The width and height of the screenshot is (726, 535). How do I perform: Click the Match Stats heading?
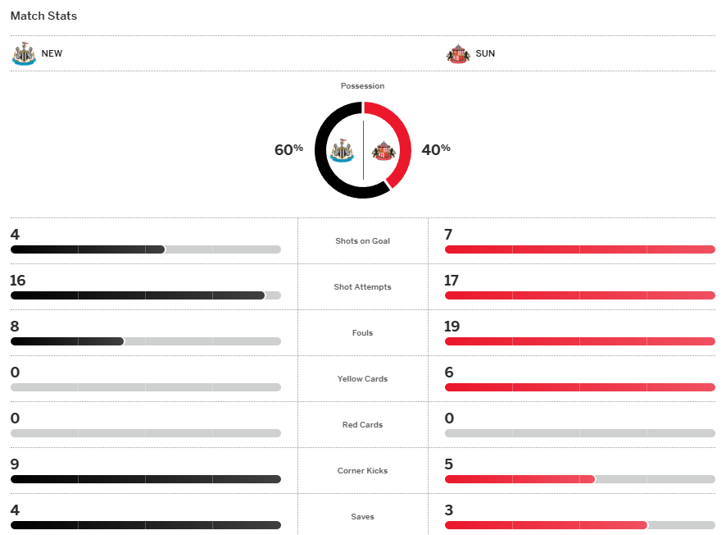point(43,16)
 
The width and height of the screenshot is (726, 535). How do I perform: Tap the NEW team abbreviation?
point(52,54)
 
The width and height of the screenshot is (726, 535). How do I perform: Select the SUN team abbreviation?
point(485,54)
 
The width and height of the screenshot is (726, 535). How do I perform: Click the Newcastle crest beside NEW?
point(24,53)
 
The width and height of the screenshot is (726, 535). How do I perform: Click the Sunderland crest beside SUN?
point(457,54)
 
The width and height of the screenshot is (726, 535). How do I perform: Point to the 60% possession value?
point(288,149)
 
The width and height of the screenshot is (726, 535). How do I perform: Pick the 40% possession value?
point(436,149)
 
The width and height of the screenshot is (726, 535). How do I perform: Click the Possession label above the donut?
point(362,86)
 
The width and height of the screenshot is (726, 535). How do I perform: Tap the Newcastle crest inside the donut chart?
point(341,150)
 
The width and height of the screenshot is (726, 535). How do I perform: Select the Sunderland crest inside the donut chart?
point(383,150)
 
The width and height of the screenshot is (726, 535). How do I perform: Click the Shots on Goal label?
point(362,241)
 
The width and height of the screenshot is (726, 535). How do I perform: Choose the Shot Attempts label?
point(362,287)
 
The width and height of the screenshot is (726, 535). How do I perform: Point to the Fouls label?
point(362,333)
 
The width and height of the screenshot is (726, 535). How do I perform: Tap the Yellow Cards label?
point(362,379)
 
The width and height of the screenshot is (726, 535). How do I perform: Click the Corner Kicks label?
point(362,471)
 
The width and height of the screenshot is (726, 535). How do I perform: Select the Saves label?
point(362,517)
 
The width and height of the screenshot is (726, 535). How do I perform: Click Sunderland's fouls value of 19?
point(451,327)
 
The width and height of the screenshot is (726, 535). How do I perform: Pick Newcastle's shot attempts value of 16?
point(18,281)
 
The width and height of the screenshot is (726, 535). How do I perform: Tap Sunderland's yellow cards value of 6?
point(448,373)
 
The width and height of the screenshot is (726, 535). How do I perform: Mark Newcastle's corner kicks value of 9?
point(15,464)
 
